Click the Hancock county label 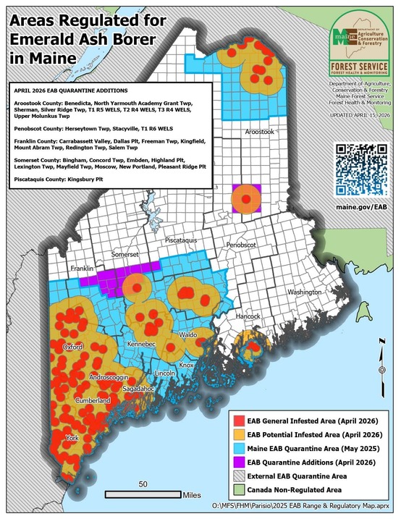(247, 316)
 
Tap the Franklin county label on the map (83, 268)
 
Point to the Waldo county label (187, 335)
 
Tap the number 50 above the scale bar (143, 484)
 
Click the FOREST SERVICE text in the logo (359, 63)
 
